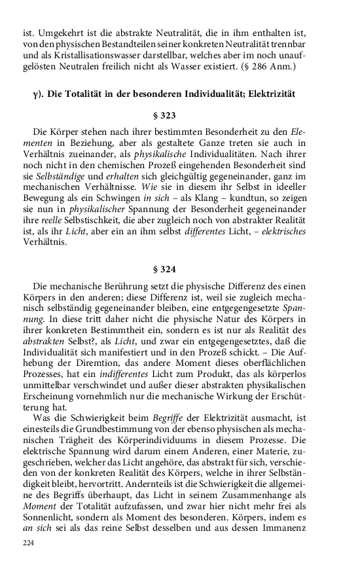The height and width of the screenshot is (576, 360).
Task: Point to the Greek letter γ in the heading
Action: pos(35,94)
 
